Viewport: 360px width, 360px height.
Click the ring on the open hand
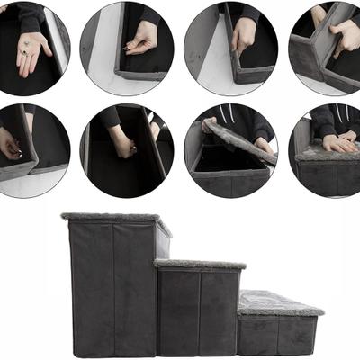(x=27, y=42)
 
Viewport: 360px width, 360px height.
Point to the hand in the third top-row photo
(x=243, y=34)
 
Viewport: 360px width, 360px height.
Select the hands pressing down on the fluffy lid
(x=337, y=142)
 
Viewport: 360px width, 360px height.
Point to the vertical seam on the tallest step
(x=113, y=288)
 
